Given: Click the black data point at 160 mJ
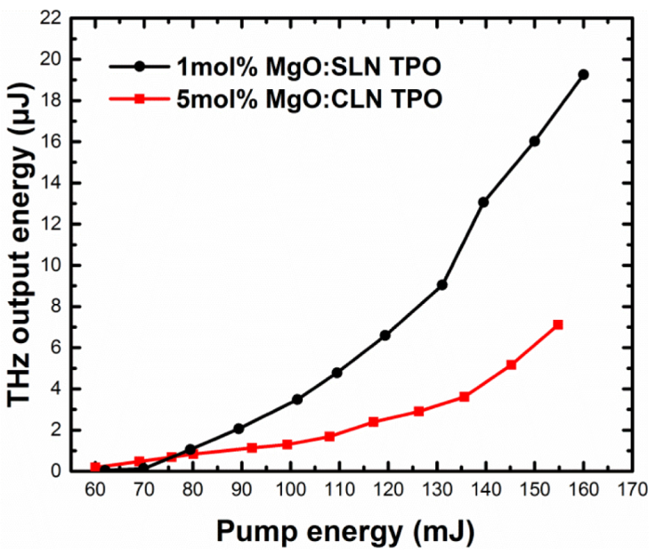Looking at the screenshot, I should pos(583,74).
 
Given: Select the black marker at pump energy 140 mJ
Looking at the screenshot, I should pos(483,202).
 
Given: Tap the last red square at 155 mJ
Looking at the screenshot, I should pos(558,324).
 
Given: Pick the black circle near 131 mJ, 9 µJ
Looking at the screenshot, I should pos(442,284).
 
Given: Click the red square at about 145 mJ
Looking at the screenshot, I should pos(512,365).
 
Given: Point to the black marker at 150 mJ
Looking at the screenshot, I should pos(534,141).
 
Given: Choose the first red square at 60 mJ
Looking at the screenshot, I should pos(95,467).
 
